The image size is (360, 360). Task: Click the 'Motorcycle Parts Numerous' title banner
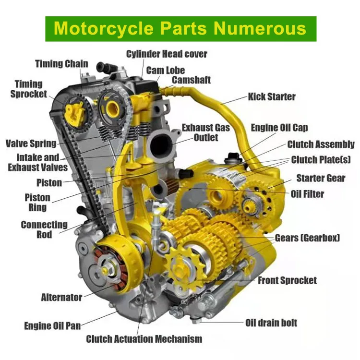click(180, 28)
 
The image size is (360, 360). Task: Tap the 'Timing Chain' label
click(61, 64)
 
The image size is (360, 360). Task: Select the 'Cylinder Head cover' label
click(167, 53)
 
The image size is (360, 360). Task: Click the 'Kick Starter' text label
click(272, 96)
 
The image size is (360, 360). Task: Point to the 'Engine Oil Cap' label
click(279, 128)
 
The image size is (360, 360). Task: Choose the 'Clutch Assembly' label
click(321, 144)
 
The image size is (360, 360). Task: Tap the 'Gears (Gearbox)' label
click(307, 238)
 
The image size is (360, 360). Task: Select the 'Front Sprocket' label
click(287, 280)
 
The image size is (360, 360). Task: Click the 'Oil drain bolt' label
click(271, 323)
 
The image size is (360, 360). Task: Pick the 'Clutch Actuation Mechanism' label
click(144, 339)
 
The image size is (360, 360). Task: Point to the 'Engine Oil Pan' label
click(52, 326)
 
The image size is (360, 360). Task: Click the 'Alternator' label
click(61, 297)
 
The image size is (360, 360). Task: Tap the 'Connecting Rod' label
click(44, 229)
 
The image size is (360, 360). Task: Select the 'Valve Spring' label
click(31, 143)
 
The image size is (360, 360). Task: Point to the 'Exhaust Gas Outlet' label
click(205, 132)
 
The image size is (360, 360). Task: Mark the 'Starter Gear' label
click(321, 178)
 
